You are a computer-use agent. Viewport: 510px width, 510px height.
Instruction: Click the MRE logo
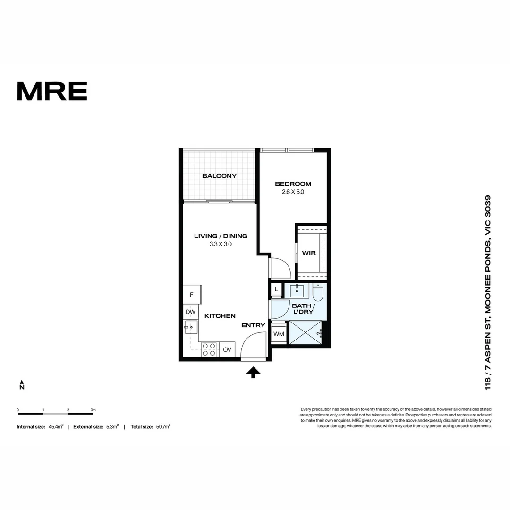(52, 91)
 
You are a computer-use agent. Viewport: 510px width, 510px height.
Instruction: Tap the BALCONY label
(219, 176)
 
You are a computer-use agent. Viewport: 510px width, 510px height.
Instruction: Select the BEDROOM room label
(293, 184)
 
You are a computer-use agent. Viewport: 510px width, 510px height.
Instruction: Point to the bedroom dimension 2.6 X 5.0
(293, 192)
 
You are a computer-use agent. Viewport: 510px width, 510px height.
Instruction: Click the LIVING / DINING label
(221, 236)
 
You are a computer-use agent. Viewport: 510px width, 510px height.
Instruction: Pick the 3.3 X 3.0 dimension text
(221, 244)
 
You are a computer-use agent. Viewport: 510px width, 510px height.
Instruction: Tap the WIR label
(309, 253)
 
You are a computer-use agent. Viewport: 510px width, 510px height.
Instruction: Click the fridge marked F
(192, 295)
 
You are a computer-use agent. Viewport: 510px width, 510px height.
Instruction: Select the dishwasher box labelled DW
(190, 312)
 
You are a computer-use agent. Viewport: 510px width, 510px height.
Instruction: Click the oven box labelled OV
(227, 350)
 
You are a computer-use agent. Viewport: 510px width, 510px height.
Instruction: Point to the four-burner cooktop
(209, 349)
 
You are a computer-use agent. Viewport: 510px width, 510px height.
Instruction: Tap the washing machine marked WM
(279, 334)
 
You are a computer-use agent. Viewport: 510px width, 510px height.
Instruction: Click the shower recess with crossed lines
(305, 332)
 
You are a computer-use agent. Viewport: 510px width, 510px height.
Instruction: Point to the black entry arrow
(253, 373)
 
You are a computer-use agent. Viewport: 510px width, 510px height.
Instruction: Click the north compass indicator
(22, 384)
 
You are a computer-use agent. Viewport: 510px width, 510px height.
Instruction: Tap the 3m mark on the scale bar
(93, 410)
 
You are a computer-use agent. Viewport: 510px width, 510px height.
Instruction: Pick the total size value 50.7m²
(163, 426)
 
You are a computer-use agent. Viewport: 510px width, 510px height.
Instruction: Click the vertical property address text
(488, 293)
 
